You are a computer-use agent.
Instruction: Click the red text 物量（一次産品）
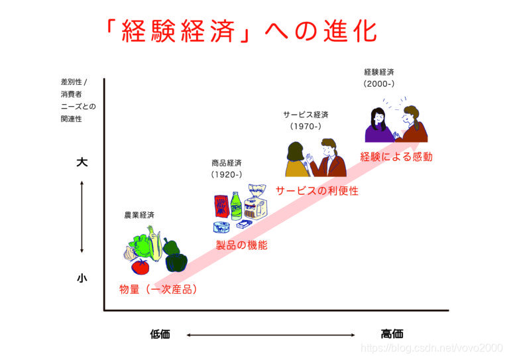point(158,290)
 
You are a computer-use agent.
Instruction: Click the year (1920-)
point(227,175)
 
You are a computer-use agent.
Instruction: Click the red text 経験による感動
point(396,157)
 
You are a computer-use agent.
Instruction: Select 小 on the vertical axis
point(82,278)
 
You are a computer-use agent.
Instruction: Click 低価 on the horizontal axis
point(160,334)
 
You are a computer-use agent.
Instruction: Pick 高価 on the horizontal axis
point(392,334)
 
